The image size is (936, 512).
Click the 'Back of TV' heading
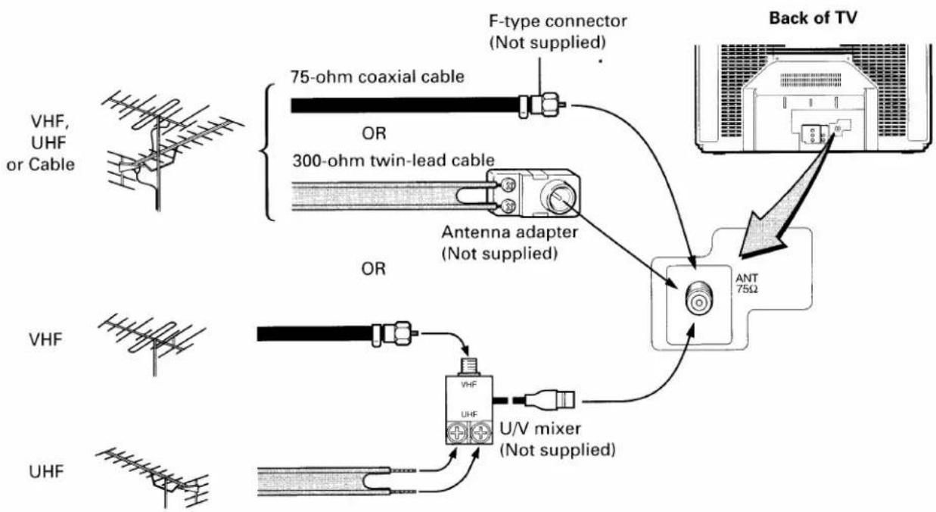(x=813, y=18)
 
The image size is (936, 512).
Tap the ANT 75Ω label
(x=747, y=283)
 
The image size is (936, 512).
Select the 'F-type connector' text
(x=558, y=21)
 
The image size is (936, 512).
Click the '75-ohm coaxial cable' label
(x=378, y=76)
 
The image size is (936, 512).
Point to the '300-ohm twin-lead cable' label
(x=393, y=161)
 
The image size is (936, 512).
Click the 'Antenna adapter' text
(x=509, y=233)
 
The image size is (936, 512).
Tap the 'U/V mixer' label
(x=540, y=429)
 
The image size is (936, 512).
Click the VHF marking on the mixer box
(x=469, y=385)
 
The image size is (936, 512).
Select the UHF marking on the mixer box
(x=469, y=414)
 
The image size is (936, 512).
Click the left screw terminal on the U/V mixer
(x=458, y=432)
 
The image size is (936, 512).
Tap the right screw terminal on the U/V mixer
(x=480, y=432)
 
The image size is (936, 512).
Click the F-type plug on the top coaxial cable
(x=543, y=105)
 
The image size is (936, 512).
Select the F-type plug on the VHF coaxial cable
(x=395, y=334)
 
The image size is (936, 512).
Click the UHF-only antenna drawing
(x=154, y=478)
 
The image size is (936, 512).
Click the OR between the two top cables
(x=374, y=134)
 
